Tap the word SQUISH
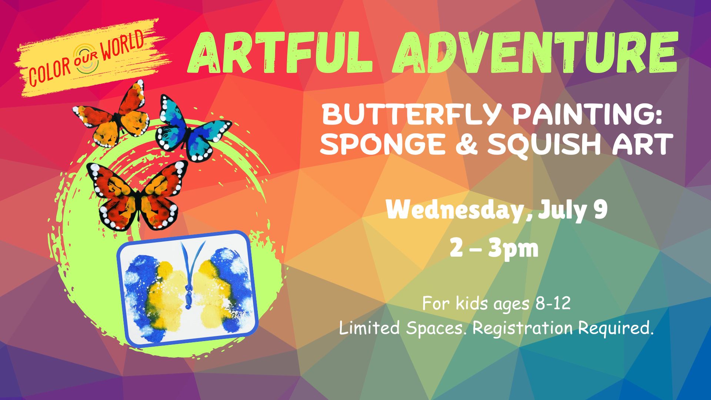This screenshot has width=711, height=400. (x=546, y=145)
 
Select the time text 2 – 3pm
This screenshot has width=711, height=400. (x=494, y=249)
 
